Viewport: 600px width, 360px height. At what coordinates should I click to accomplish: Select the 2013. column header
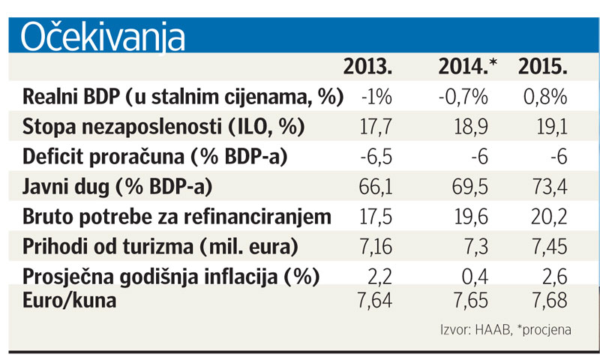pos(368,67)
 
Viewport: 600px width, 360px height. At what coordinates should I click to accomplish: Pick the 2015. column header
pos(542,67)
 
